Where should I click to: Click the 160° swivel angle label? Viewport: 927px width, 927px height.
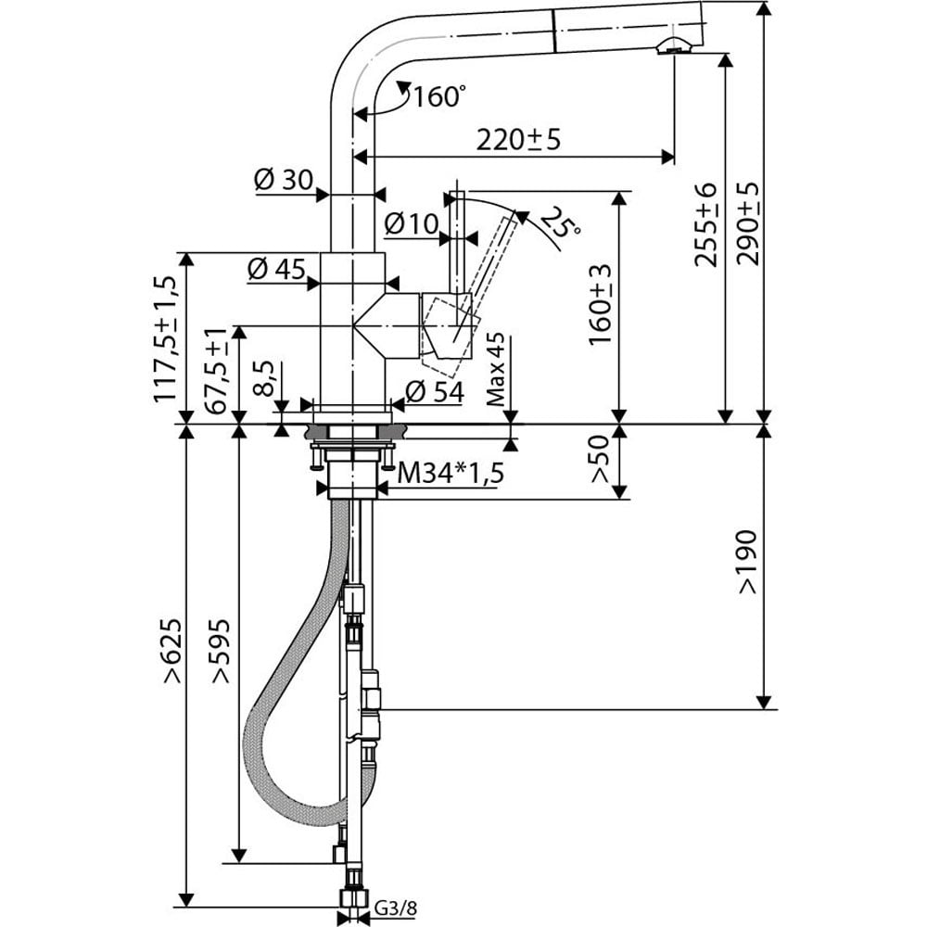pyautogui.click(x=438, y=96)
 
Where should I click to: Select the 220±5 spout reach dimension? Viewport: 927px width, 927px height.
pyautogui.click(x=518, y=140)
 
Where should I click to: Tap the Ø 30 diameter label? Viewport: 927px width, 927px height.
pyautogui.click(x=283, y=179)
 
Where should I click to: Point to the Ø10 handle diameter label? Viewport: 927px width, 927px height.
pyautogui.click(x=412, y=223)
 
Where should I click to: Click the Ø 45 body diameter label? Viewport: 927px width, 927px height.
pyautogui.click(x=276, y=269)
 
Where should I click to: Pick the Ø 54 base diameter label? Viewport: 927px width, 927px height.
pyautogui.click(x=435, y=391)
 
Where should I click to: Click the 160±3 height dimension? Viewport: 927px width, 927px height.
pyautogui.click(x=600, y=305)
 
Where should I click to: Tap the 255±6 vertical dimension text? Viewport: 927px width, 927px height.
pyautogui.click(x=705, y=225)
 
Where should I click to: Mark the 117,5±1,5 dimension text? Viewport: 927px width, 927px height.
pyautogui.click(x=166, y=339)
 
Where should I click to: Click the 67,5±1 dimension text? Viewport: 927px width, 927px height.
pyautogui.click(x=217, y=372)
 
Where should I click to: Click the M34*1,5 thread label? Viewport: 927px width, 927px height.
pyautogui.click(x=451, y=473)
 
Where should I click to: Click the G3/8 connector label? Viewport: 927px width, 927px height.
pyautogui.click(x=396, y=908)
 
